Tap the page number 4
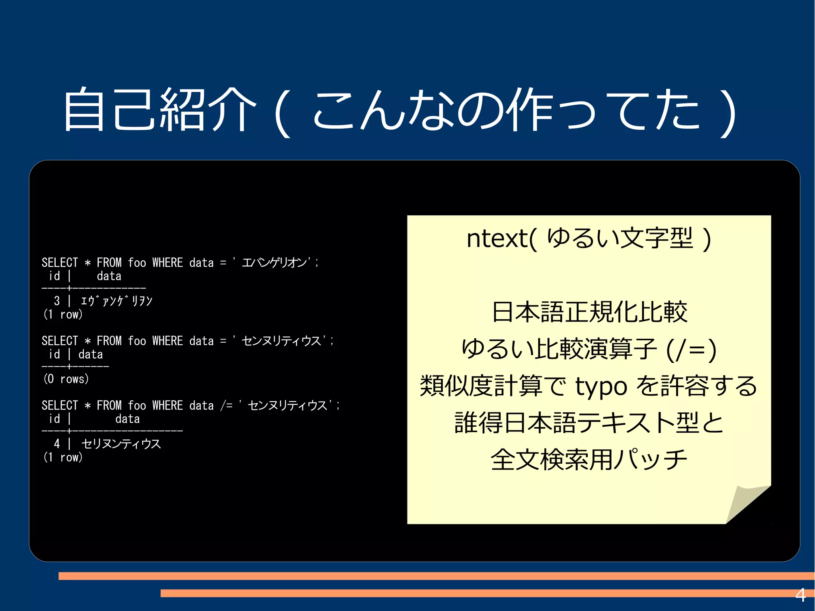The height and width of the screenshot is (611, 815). click(800, 595)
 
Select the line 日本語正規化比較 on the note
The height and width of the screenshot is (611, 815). click(589, 312)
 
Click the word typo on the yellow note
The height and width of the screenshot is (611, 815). click(601, 386)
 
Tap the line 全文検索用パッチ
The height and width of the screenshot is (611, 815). click(589, 460)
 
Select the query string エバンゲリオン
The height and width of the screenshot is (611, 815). click(275, 262)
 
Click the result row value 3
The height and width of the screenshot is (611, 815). click(57, 301)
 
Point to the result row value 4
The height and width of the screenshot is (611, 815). click(57, 443)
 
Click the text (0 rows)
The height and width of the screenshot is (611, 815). click(66, 379)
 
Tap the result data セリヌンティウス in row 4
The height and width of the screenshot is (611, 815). click(121, 443)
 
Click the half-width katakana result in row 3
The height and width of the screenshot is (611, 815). click(116, 301)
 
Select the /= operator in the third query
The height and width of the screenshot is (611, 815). click(226, 405)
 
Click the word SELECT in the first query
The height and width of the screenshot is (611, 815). click(60, 262)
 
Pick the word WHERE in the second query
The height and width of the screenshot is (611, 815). click(168, 341)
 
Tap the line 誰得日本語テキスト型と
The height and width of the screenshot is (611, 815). click(589, 423)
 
